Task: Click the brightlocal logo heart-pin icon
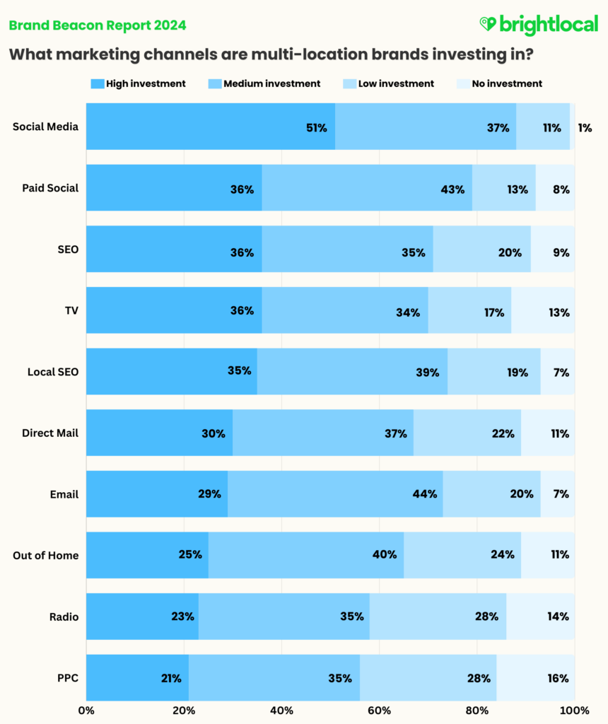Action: [488, 25]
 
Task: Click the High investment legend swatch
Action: [98, 83]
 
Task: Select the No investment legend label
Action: [507, 83]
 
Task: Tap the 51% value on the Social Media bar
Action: [316, 128]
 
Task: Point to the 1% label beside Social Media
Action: [584, 128]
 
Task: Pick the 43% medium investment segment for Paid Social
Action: [367, 188]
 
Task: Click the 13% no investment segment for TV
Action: [543, 310]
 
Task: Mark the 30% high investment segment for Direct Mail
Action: [160, 433]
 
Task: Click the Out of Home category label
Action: [45, 555]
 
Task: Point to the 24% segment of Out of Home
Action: [462, 555]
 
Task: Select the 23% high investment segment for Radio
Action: [143, 616]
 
